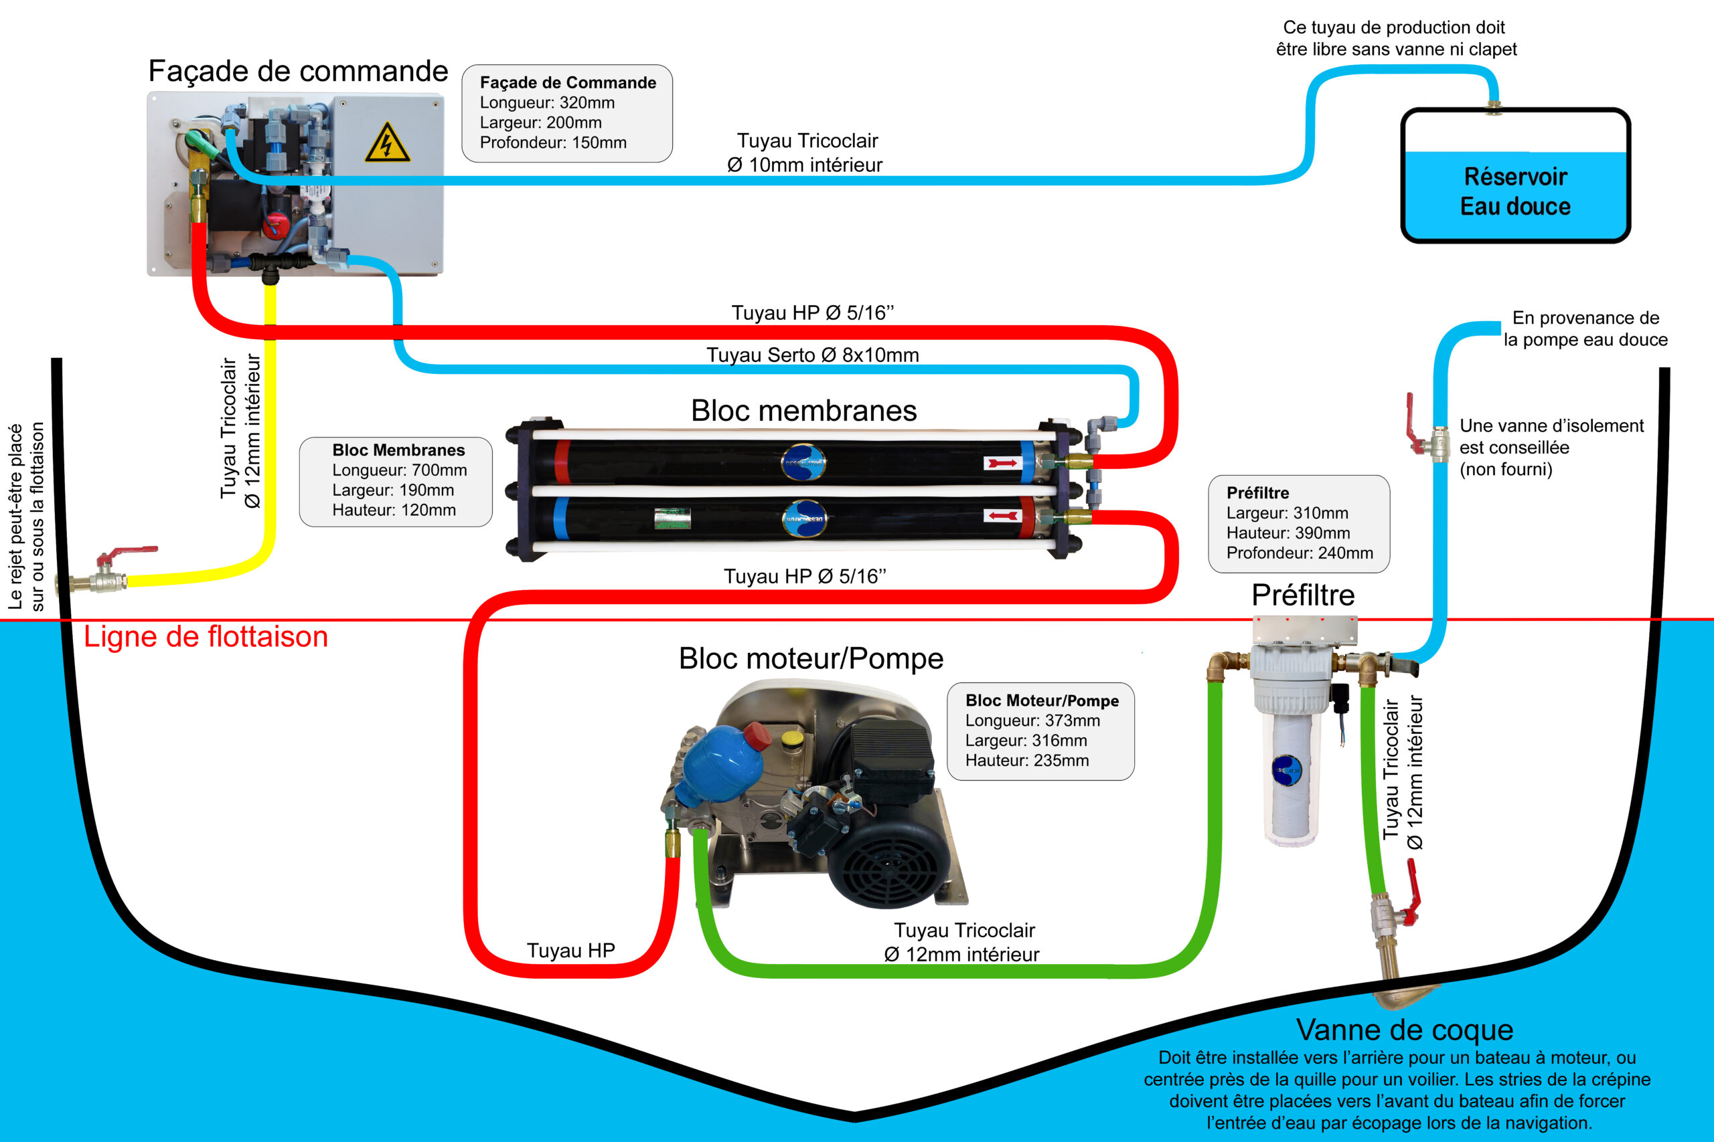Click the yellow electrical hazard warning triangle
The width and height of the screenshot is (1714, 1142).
[x=387, y=142]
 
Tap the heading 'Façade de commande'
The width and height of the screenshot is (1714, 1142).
[x=298, y=72]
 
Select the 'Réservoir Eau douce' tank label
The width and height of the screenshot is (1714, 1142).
[x=1516, y=191]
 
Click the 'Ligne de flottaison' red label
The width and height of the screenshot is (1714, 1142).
[x=206, y=636]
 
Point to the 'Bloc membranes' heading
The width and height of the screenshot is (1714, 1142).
[x=804, y=411]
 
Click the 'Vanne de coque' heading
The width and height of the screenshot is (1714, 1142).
[x=1405, y=1030]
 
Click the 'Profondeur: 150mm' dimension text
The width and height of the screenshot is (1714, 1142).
[x=553, y=142]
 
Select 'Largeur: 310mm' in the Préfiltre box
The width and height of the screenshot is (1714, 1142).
[x=1287, y=512]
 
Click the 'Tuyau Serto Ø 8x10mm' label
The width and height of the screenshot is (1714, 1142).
[x=813, y=355]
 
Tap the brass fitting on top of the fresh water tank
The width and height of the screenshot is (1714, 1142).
[x=1493, y=108]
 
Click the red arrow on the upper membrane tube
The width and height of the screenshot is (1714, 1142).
[x=1003, y=463]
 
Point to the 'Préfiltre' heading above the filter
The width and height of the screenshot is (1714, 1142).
[x=1303, y=595]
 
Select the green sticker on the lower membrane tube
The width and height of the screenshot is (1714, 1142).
[x=672, y=518]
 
